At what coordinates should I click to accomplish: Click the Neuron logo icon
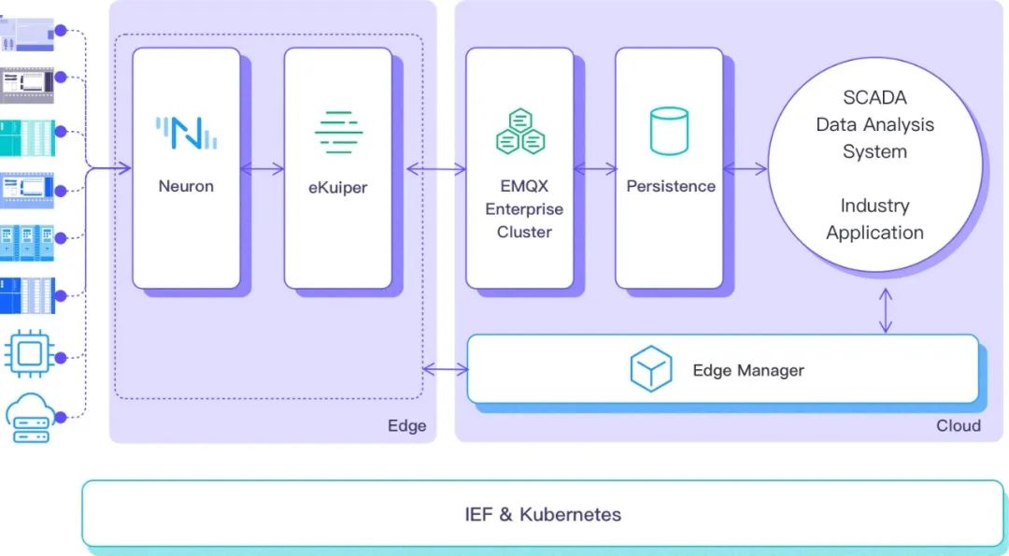[186, 133]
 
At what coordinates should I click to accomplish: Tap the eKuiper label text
[337, 187]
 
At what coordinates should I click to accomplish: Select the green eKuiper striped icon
[338, 132]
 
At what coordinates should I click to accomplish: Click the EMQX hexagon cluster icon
[520, 132]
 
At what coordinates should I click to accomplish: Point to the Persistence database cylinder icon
[669, 132]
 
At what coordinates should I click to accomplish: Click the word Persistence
[671, 186]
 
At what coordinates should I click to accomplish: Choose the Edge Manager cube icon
[651, 369]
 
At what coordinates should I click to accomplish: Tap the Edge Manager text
[748, 370]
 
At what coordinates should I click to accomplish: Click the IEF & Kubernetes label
[543, 514]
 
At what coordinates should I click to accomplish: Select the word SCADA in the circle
[874, 97]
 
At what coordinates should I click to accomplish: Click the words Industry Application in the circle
[874, 219]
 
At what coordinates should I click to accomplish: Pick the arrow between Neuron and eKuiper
[263, 169]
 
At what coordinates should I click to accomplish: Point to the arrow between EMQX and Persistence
[595, 169]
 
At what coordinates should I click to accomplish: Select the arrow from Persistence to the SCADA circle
[746, 169]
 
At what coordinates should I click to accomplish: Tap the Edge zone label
[406, 426]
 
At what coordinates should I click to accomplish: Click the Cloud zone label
[959, 426]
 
